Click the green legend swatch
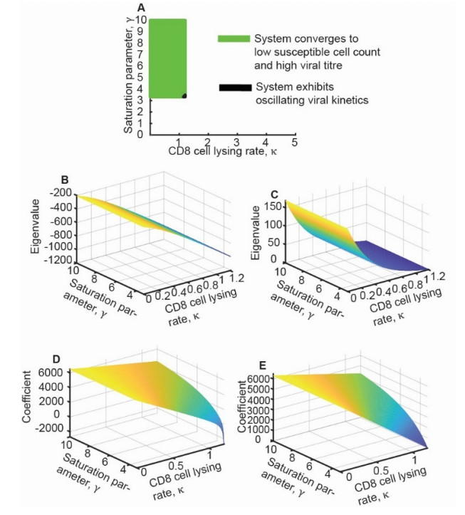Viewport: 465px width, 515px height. pos(234,38)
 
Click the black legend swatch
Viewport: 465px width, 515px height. pos(235,88)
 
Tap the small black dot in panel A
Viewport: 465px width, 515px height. pos(184,95)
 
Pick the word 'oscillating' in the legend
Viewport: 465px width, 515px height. pos(279,100)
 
